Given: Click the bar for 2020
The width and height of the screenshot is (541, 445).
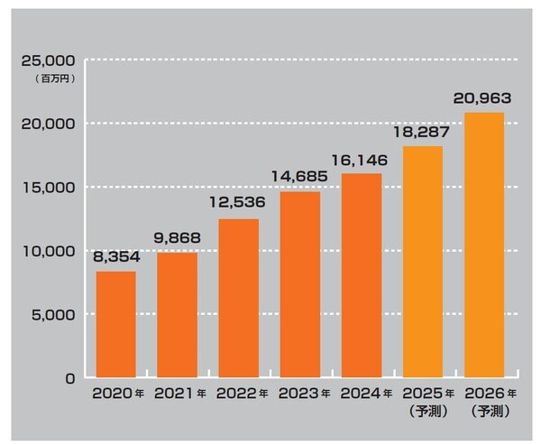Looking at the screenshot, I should [x=116, y=325].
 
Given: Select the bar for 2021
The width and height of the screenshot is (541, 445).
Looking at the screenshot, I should [x=178, y=315].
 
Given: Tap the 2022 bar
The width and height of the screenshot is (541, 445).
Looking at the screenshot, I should [x=239, y=299].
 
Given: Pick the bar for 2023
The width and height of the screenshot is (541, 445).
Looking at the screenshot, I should [x=300, y=285].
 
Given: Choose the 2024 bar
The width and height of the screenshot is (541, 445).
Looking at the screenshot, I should [x=362, y=276].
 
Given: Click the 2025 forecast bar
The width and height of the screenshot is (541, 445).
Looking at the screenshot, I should [x=423, y=263].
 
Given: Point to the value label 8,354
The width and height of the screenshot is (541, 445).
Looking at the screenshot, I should [x=116, y=258].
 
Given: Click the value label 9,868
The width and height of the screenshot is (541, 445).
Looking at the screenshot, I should [x=178, y=239].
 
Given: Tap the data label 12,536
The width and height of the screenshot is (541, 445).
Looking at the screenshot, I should [x=239, y=206].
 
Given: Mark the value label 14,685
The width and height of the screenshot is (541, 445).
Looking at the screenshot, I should [x=300, y=178].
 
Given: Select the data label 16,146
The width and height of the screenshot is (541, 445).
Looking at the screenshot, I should [x=362, y=160].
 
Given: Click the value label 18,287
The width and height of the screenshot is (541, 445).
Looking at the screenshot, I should [x=423, y=133].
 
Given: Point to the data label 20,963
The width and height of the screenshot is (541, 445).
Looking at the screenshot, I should [x=484, y=98].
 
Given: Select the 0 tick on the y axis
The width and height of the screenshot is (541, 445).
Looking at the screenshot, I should [x=69, y=378].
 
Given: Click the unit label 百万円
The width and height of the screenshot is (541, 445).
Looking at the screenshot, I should [x=56, y=79].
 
